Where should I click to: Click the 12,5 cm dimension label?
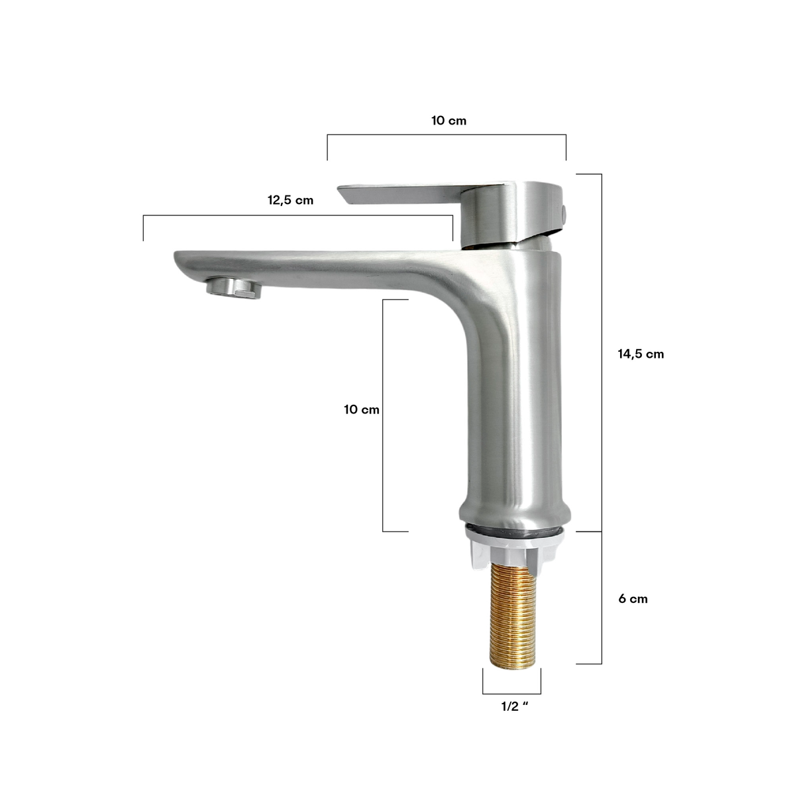point(290,201)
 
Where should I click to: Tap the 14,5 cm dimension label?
point(641,354)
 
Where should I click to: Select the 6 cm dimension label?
point(633,599)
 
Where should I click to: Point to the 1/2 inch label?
point(515,706)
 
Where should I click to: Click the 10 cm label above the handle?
point(449,121)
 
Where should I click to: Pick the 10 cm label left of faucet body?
point(362,409)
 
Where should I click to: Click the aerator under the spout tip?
point(234,286)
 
